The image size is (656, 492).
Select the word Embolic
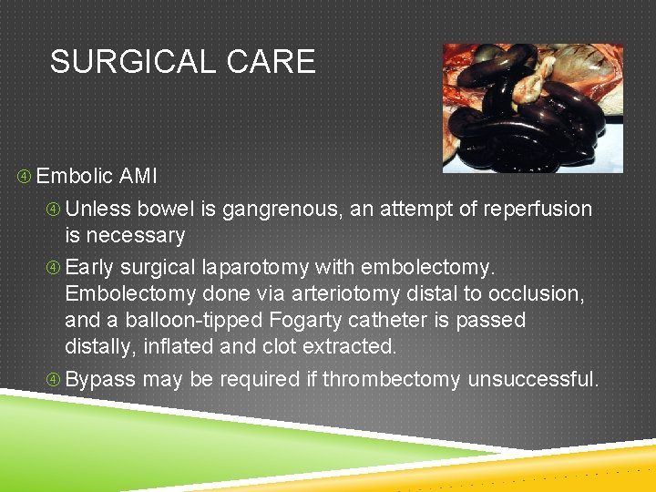coord(75,176)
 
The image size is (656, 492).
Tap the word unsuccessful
coord(533,379)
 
